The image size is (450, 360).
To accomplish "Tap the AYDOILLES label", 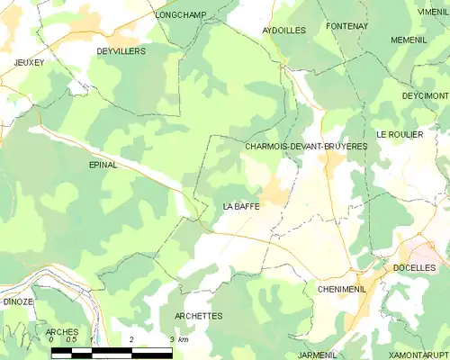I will (x=284, y=30).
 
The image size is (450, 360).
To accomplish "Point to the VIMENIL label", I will (x=433, y=12).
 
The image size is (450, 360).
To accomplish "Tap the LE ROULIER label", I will (x=400, y=134).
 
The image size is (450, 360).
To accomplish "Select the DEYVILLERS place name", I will (x=121, y=51).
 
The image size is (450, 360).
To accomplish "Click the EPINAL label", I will (x=103, y=166).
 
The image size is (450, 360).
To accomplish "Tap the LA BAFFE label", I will (x=241, y=206).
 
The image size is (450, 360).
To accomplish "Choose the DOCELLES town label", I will (x=415, y=268).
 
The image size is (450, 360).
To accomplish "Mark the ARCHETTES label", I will (x=199, y=316).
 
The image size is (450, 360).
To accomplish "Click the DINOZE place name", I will (x=18, y=301).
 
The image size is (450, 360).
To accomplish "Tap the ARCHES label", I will (x=62, y=332).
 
